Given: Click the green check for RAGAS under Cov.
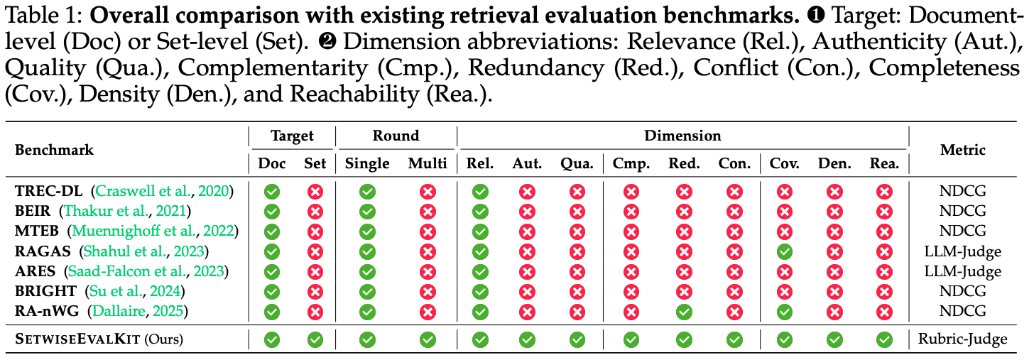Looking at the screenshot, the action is [x=784, y=251].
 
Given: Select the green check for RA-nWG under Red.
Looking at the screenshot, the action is [x=684, y=312].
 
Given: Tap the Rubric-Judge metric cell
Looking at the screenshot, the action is [x=962, y=339].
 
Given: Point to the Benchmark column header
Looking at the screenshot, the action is [x=54, y=150].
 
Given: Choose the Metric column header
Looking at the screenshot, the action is [x=963, y=150].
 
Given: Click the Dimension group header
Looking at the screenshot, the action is [x=682, y=136].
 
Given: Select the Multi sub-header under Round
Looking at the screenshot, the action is [x=428, y=163].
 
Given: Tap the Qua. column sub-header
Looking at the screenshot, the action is [x=577, y=164].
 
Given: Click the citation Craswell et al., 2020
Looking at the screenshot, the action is [x=163, y=191].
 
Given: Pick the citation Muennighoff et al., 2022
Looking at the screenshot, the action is [x=153, y=231].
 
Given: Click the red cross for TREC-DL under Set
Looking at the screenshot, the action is [x=315, y=192].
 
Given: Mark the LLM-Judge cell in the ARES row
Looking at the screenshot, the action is [x=962, y=271].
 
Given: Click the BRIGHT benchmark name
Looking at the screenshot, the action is [x=45, y=291].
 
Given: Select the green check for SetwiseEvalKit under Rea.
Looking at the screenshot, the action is [x=884, y=340].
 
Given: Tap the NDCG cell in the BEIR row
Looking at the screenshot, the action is [x=962, y=211].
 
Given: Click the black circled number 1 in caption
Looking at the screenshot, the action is [x=816, y=16].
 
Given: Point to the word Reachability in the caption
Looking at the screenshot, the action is [x=354, y=94].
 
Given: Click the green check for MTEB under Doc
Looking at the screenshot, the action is [x=272, y=231].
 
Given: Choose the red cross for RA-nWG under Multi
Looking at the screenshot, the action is [x=428, y=312].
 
